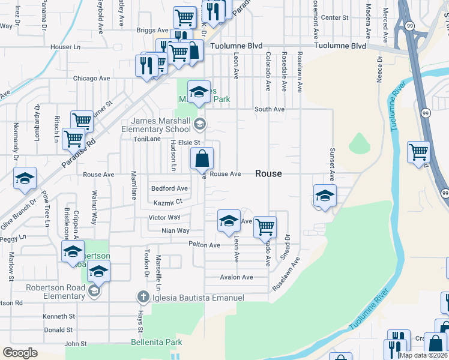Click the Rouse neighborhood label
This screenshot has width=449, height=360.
[268, 173]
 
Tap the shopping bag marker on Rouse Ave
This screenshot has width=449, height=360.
[203, 160]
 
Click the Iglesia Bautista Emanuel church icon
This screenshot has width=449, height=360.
[143, 296]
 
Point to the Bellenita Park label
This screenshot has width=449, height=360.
[156, 343]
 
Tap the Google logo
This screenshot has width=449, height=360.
[20, 352]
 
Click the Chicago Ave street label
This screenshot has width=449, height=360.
[91, 79]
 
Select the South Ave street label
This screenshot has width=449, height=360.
[269, 109]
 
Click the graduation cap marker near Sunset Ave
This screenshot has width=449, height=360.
[325, 196]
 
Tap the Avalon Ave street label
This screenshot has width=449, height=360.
[237, 277]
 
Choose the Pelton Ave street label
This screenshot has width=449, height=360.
[204, 245]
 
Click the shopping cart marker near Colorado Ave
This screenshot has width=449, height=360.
[265, 227]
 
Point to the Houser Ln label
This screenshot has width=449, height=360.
[65, 47]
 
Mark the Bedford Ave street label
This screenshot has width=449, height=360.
[169, 188]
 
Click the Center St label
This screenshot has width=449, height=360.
[334, 18]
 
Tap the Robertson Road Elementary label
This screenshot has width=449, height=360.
[55, 292]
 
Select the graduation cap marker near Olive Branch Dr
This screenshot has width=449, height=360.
[25, 178]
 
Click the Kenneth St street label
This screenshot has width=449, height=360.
[58, 316]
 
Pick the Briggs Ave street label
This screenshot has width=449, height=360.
[152, 30]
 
